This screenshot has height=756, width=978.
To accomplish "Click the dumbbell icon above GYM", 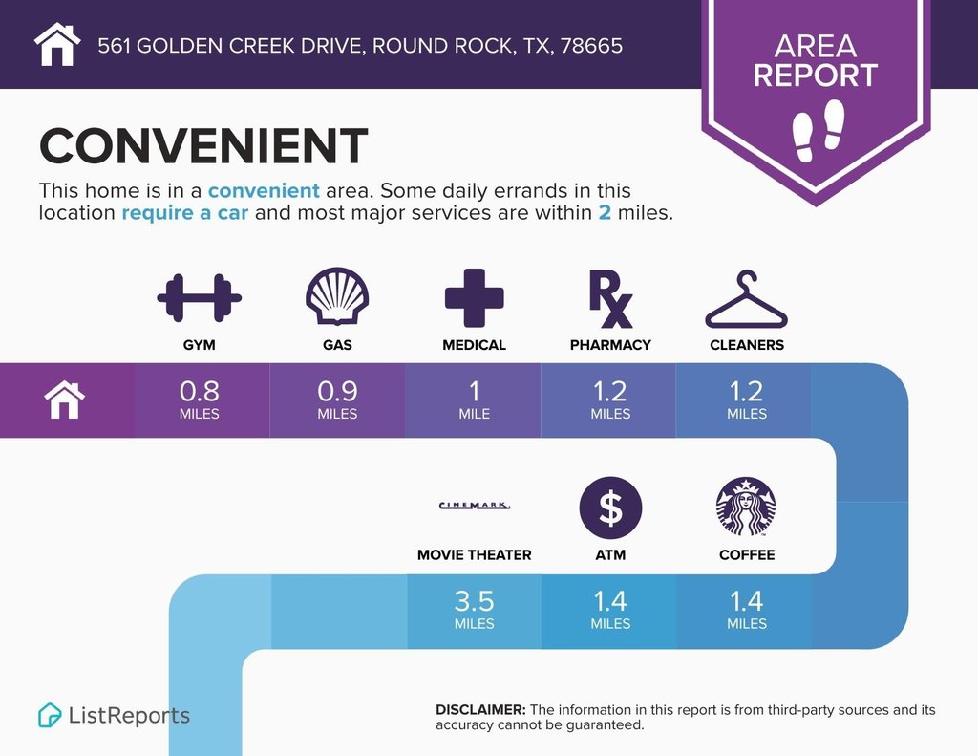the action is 199,298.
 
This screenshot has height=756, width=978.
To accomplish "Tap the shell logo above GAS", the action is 337,296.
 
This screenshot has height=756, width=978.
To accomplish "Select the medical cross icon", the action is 474,298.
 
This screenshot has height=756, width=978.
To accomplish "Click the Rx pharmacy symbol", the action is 610,299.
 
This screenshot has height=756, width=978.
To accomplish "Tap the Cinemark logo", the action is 474,505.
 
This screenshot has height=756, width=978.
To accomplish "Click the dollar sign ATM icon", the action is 610,508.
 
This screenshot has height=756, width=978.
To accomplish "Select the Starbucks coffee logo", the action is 746,507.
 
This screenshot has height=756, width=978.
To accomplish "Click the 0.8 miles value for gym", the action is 199,400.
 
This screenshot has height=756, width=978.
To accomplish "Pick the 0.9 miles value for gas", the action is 337,400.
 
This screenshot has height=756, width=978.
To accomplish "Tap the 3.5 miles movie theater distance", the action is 474,610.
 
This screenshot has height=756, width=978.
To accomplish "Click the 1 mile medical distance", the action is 474,400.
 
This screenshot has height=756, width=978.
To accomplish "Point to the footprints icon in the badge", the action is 819,130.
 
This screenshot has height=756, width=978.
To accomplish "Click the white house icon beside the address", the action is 57,44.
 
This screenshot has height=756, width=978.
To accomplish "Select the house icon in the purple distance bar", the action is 64,400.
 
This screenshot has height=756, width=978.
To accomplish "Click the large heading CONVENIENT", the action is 203,145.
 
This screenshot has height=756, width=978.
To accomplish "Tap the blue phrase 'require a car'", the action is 184,213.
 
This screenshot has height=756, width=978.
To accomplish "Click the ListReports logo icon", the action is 50,716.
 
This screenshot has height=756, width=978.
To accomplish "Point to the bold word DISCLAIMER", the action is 480,710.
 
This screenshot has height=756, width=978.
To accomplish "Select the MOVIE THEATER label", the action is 474,555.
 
